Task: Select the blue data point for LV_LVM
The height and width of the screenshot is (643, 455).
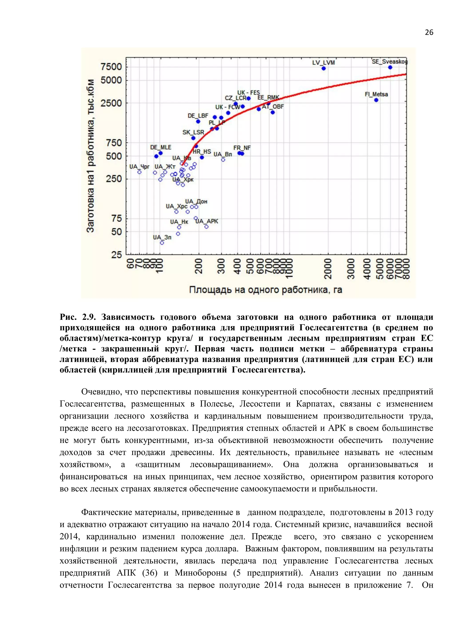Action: pos(324,68)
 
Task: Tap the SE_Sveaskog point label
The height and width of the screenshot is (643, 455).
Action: pos(389,62)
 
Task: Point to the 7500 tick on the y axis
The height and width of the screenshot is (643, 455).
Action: pos(112,67)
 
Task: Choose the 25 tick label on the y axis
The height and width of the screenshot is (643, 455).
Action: pos(117,255)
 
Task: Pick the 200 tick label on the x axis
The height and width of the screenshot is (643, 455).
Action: pos(199,266)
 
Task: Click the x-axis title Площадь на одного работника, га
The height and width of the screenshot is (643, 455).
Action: pos(266,290)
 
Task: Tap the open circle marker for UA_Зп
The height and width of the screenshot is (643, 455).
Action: pos(162,242)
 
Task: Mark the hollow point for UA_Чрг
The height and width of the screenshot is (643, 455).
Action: pos(140,172)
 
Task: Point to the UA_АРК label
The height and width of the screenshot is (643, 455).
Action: pos(207,221)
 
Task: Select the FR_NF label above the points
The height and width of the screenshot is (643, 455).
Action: pos(242,148)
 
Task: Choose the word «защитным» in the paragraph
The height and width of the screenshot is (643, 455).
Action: pos(158,465)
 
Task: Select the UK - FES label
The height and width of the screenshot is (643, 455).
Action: pos(249,93)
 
